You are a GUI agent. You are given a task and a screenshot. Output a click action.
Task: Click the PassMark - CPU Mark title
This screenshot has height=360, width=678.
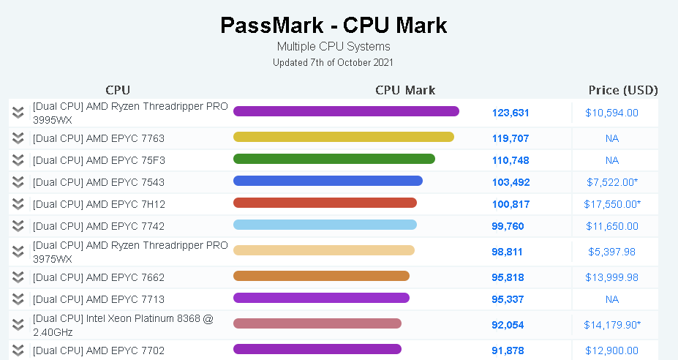(334, 26)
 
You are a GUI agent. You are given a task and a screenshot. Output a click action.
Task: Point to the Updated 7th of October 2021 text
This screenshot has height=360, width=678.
(334, 62)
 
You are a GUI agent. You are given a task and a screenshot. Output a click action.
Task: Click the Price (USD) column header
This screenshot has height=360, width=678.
(623, 90)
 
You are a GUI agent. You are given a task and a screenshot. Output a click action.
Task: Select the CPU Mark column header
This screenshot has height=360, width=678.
(405, 90)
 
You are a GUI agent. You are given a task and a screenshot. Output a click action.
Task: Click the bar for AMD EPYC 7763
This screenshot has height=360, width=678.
(344, 137)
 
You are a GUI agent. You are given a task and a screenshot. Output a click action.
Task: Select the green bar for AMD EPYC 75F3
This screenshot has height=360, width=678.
(334, 159)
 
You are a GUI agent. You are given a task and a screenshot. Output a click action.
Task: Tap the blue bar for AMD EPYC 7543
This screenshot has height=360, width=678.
(328, 181)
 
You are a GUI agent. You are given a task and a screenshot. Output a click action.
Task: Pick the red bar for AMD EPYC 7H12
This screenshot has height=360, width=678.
(325, 203)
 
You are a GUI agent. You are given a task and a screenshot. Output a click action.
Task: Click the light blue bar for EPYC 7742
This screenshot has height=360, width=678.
(325, 225)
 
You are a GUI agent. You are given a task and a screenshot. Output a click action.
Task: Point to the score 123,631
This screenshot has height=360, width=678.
(511, 113)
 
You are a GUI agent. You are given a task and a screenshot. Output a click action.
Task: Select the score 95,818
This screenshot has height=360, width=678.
(508, 277)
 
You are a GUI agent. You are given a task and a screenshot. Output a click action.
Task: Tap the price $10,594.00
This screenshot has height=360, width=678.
(612, 113)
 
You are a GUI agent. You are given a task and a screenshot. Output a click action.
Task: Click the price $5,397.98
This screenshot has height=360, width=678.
(612, 252)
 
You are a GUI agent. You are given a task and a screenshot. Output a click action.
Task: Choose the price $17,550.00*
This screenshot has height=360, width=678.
(612, 204)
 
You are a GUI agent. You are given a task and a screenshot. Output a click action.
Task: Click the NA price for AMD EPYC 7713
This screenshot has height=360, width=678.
(612, 299)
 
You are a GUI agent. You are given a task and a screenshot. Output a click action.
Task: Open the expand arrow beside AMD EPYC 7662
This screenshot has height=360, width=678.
(18, 277)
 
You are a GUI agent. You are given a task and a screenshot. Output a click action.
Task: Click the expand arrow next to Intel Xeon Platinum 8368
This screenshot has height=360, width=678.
(18, 324)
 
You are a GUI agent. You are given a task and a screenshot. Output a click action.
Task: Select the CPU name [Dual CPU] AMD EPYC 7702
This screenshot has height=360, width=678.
(99, 350)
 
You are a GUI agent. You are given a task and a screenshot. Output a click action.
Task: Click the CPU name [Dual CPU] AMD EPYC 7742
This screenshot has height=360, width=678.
(99, 226)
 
